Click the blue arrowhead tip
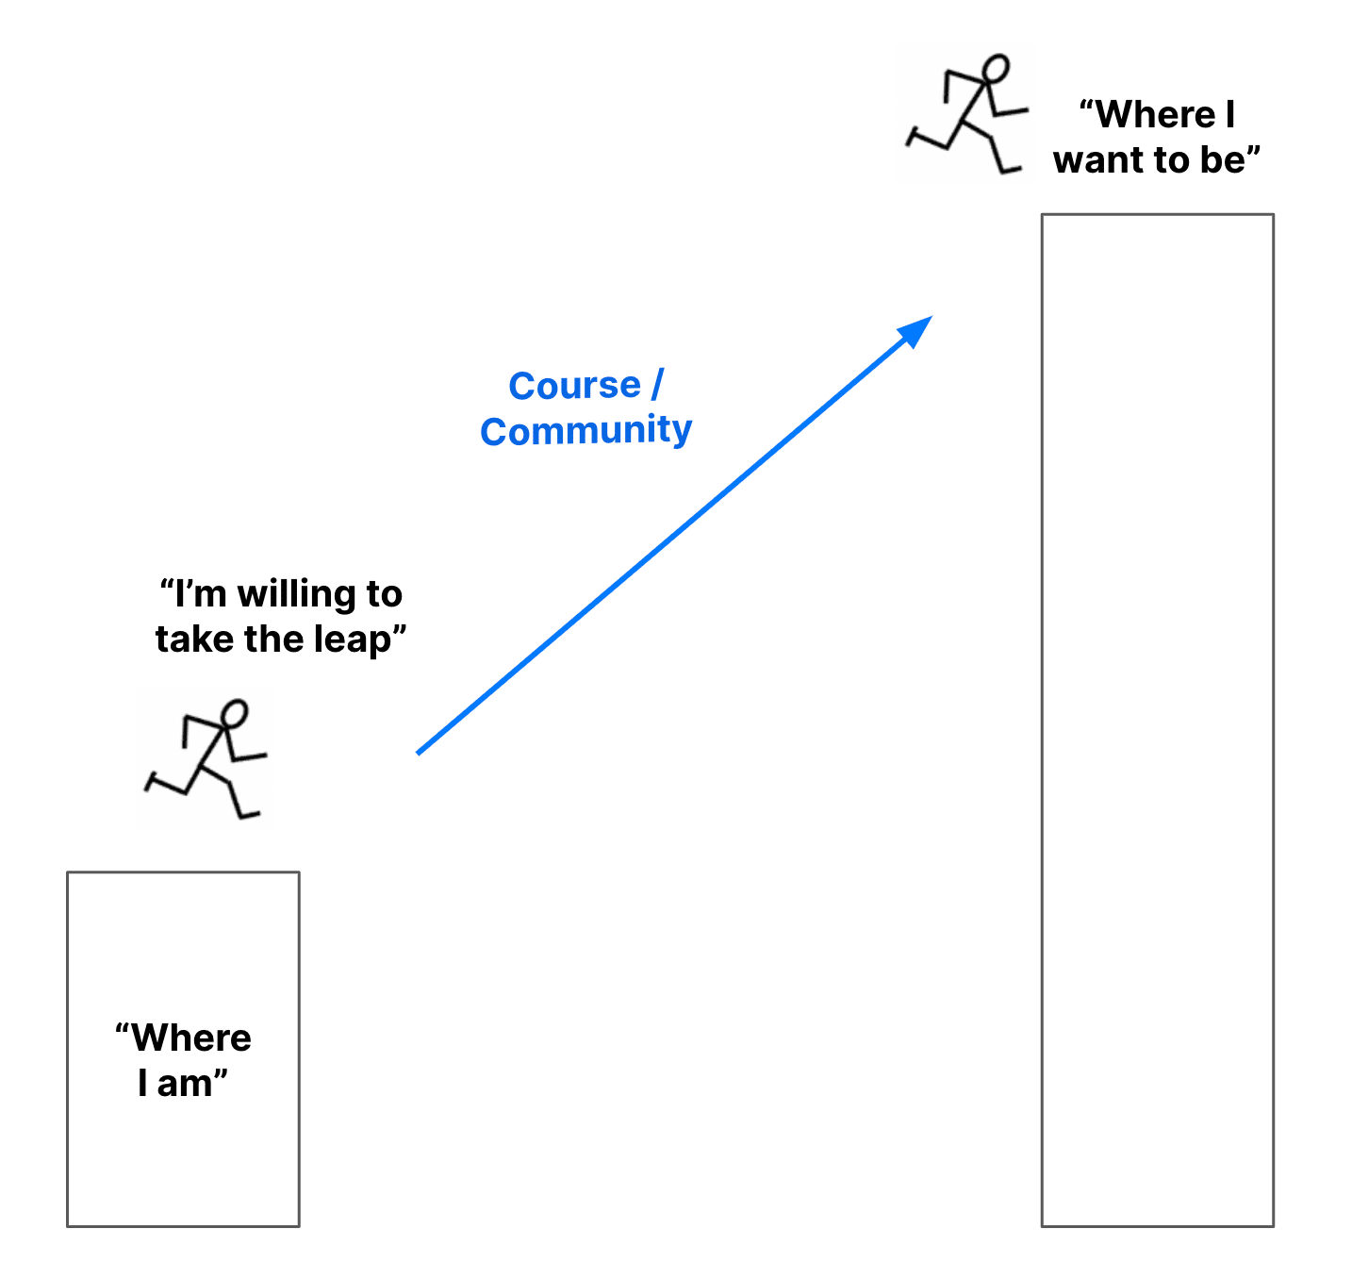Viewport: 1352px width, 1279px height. [x=930, y=319]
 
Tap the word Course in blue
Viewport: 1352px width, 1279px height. [x=574, y=386]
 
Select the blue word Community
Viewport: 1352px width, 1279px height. [x=585, y=431]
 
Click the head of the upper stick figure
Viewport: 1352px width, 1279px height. [x=996, y=69]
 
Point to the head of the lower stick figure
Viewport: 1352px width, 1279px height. [x=234, y=713]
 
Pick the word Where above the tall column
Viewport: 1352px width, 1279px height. [x=1156, y=115]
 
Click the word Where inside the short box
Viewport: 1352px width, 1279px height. [x=191, y=1038]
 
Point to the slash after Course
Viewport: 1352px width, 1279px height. [x=657, y=386]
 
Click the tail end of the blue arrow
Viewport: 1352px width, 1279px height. [x=419, y=752]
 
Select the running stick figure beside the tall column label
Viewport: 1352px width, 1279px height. [x=966, y=115]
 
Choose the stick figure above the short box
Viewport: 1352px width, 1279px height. [x=205, y=759]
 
